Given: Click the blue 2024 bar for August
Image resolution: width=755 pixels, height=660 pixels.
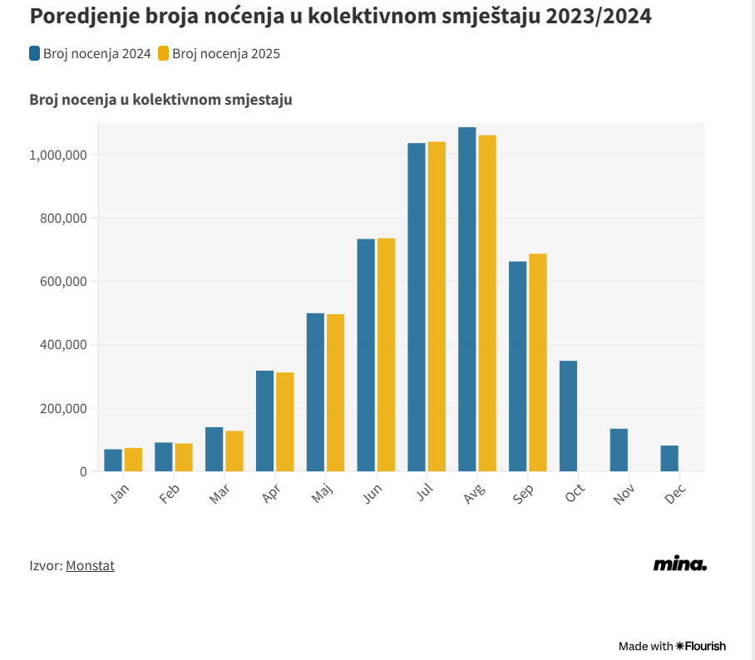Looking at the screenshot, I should [467, 299].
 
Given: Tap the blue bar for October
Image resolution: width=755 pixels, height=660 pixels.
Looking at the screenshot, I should [569, 416].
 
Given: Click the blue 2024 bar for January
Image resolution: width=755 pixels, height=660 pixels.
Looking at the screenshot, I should [113, 461].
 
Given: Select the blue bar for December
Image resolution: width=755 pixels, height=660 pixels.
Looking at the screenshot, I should [669, 458].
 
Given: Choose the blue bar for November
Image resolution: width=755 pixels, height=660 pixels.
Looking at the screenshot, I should [619, 450].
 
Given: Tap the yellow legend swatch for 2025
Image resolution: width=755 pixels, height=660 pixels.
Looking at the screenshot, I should [163, 54].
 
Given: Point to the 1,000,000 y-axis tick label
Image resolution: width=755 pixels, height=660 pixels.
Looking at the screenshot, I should [58, 155].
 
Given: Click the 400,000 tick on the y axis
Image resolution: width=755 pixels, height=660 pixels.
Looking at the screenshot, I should [63, 345].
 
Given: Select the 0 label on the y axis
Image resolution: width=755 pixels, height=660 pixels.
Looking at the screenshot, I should [83, 471].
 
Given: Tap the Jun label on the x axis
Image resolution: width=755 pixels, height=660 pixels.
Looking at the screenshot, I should [373, 494].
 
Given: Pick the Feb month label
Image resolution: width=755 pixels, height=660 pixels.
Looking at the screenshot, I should [170, 494].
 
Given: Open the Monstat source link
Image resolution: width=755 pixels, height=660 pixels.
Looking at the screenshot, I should [90, 565].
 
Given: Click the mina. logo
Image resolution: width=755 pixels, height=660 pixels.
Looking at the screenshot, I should [679, 564].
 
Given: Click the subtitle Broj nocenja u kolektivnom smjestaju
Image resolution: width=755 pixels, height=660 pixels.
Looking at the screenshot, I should [160, 100].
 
